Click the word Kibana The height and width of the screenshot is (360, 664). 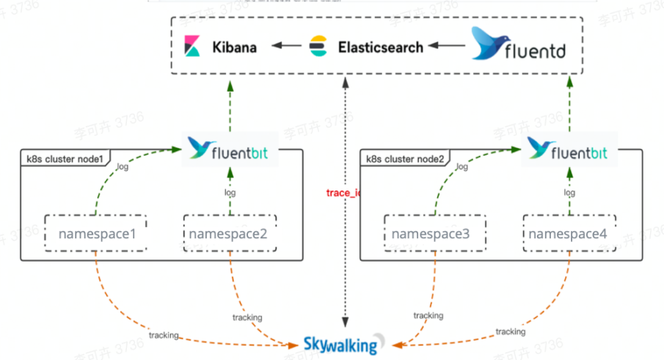pyautogui.click(x=235, y=48)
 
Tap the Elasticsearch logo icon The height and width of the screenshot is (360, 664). pyautogui.click(x=318, y=47)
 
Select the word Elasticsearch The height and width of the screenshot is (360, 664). pyautogui.click(x=381, y=48)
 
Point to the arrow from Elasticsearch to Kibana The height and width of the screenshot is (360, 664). pyautogui.click(x=286, y=47)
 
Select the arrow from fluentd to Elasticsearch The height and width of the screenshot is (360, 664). pyautogui.click(x=446, y=47)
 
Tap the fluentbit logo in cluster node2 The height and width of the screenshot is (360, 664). pyautogui.click(x=569, y=149)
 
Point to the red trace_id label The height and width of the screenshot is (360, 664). pyautogui.click(x=343, y=193)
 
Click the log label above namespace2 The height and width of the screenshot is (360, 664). pyautogui.click(x=230, y=192)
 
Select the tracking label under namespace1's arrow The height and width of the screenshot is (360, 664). pyautogui.click(x=164, y=335)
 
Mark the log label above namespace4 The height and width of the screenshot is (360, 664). pyautogui.click(x=569, y=192)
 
